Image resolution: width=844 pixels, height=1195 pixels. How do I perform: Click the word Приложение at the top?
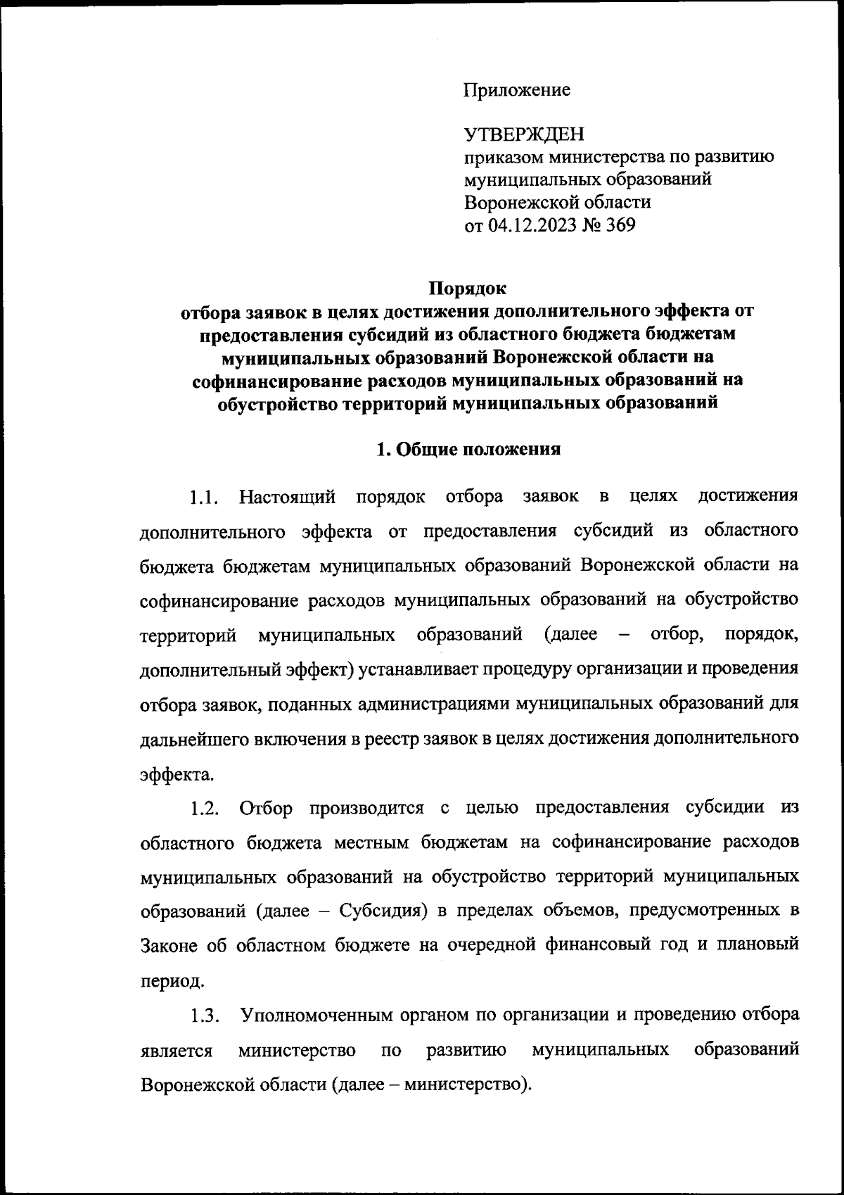[x=516, y=90]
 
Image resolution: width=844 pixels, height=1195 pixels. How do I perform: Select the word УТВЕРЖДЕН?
[x=524, y=134]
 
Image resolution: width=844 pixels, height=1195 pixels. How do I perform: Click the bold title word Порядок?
[x=468, y=289]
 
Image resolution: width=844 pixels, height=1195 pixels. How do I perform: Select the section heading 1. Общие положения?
[x=468, y=450]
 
